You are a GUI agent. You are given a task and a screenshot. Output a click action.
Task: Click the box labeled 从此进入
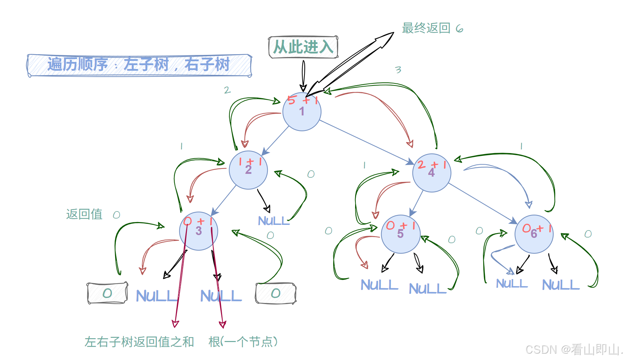pyautogui.click(x=303, y=47)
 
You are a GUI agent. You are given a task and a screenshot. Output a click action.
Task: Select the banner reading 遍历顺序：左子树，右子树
pyautogui.click(x=139, y=65)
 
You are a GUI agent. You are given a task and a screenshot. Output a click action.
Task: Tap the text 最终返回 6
pyautogui.click(x=432, y=28)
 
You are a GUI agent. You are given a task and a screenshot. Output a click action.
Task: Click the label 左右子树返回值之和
pyautogui.click(x=139, y=342)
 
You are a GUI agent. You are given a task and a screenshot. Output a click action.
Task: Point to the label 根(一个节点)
pyautogui.click(x=243, y=342)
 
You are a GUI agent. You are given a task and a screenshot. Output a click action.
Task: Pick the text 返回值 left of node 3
pyautogui.click(x=84, y=214)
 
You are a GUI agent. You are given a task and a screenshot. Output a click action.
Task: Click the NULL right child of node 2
pyautogui.click(x=273, y=221)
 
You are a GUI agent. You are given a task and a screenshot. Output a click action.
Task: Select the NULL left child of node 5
pyautogui.click(x=379, y=285)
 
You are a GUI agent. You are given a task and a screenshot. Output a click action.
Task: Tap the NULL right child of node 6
pyautogui.click(x=560, y=285)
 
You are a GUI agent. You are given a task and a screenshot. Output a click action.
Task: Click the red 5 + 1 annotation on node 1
pyautogui.click(x=302, y=100)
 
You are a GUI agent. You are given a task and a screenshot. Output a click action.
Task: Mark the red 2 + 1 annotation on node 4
pyautogui.click(x=432, y=165)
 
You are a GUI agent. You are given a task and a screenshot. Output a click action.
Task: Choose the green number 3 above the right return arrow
pyautogui.click(x=398, y=70)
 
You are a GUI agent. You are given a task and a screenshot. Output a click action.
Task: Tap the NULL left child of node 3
pyautogui.click(x=157, y=296)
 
